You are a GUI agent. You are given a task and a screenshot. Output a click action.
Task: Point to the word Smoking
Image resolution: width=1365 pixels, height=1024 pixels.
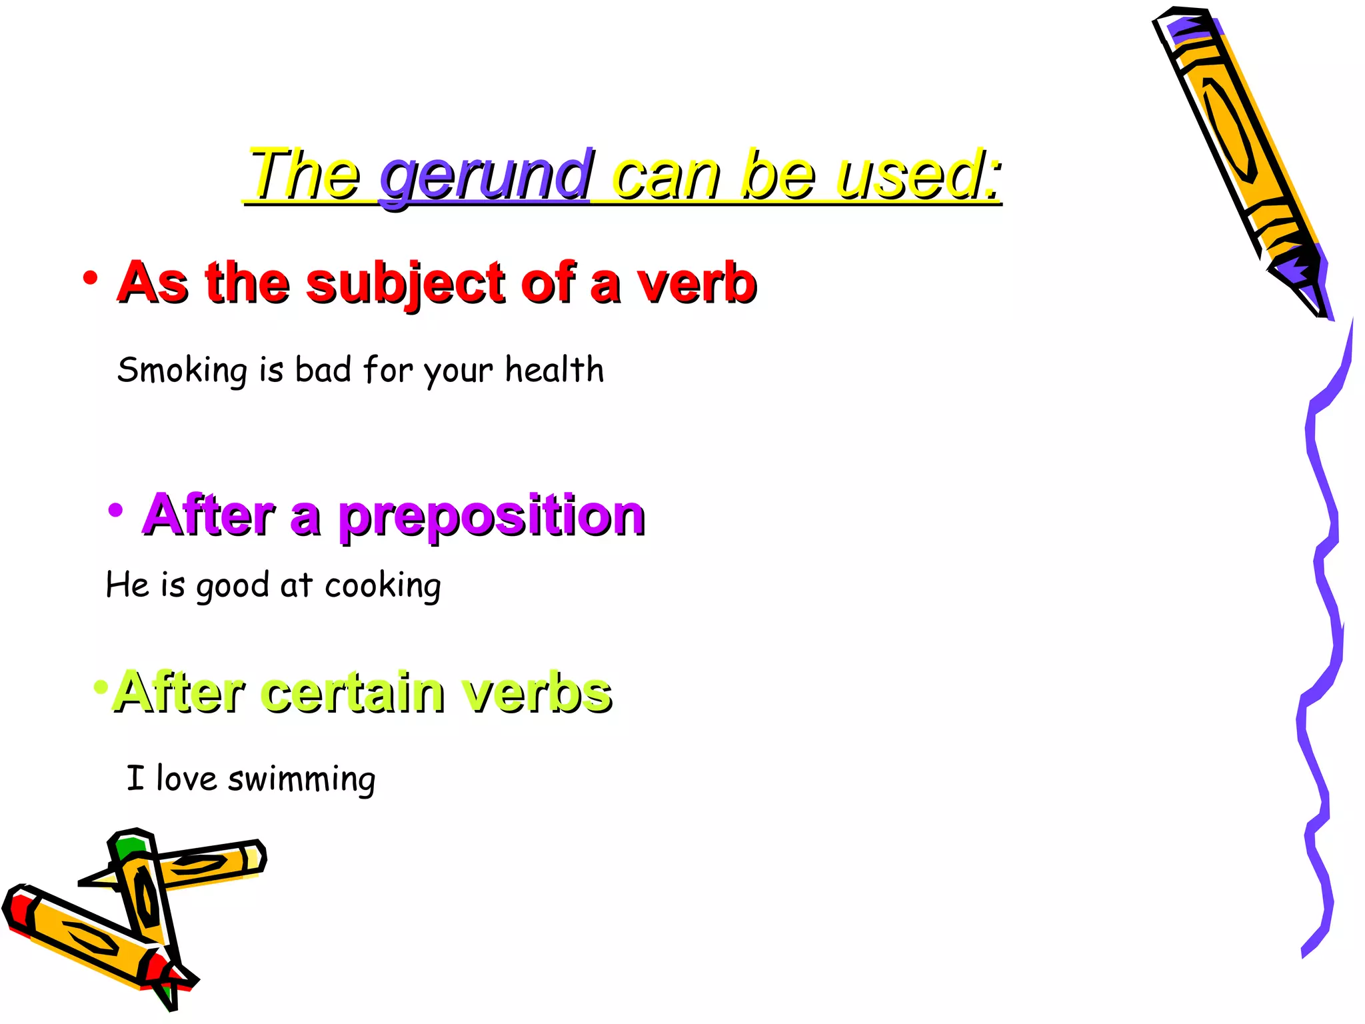click(182, 370)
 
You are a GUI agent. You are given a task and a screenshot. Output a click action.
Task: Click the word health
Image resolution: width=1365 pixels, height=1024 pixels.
click(554, 369)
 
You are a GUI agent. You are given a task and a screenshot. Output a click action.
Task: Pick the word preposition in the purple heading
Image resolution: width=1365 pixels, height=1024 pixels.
click(492, 516)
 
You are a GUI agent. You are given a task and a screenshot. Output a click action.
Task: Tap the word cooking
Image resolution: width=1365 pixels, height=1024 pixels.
click(383, 586)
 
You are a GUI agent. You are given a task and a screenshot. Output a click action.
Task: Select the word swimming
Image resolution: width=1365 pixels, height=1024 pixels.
click(301, 779)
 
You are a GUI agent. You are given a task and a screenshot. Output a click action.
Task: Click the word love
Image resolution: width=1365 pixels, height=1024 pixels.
click(186, 778)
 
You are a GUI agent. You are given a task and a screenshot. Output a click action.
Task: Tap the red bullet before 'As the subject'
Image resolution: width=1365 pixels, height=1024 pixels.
click(90, 278)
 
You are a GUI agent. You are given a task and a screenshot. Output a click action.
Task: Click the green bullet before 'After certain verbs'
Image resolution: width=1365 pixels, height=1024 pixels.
click(101, 687)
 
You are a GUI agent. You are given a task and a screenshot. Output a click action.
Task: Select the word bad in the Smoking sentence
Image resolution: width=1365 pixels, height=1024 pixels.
click(323, 369)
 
